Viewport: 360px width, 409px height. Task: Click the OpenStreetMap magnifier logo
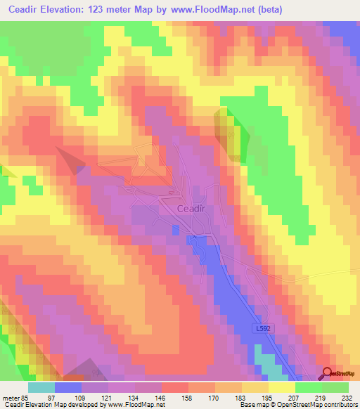[327, 375]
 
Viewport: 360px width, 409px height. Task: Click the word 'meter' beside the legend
[9, 396]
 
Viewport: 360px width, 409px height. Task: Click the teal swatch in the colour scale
[41, 387]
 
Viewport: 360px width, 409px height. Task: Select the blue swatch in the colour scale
[68, 387]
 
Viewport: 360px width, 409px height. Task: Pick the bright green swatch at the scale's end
[335, 387]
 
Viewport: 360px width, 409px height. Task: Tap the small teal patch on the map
[265, 363]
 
